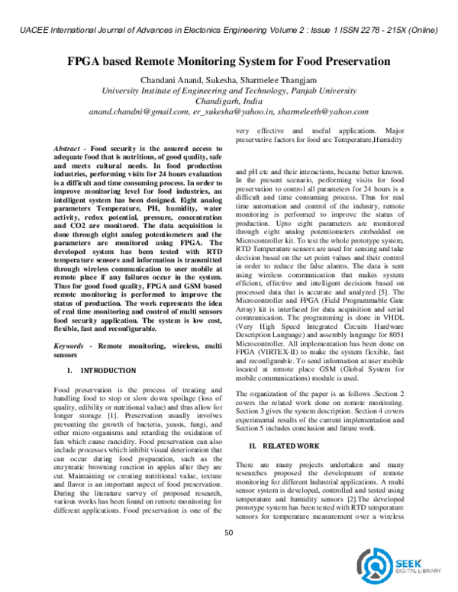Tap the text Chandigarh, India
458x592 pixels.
[x=229, y=101]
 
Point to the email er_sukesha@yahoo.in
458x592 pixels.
[x=230, y=111]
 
